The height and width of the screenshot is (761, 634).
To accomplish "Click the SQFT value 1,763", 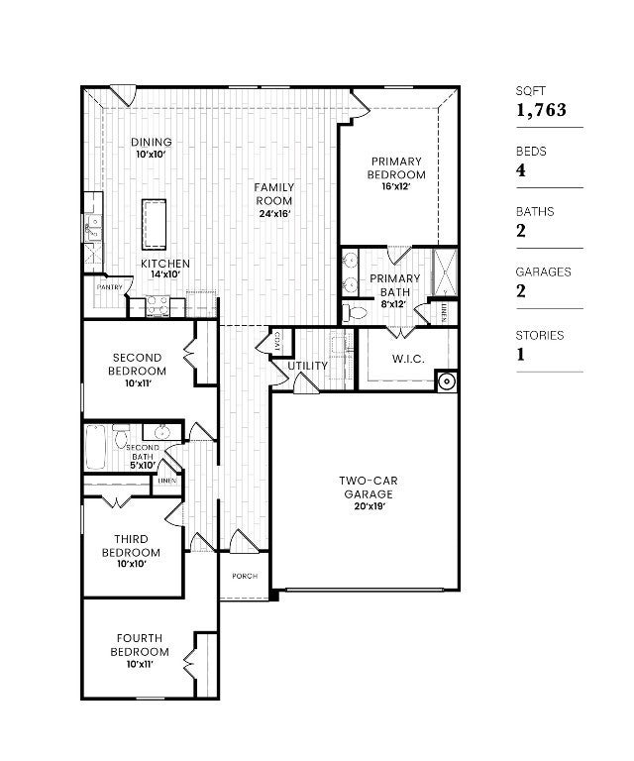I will (x=541, y=110).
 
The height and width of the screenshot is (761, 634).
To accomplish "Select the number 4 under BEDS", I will (x=521, y=170).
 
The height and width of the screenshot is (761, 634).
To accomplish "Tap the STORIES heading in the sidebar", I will (x=539, y=335).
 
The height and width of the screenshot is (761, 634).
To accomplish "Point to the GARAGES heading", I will (x=543, y=272).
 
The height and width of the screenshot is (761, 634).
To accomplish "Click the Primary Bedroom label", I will (x=396, y=167).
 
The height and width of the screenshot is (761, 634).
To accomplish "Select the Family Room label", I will (x=273, y=193).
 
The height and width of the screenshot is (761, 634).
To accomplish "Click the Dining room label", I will (x=152, y=142).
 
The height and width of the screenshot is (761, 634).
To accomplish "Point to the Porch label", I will (x=245, y=576).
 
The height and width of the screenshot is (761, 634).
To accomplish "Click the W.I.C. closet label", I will (x=408, y=359).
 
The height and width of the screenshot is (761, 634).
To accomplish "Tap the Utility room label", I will (x=307, y=366).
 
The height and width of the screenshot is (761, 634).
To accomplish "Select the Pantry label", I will (x=109, y=287).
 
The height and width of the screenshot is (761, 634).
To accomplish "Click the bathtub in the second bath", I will (x=96, y=447).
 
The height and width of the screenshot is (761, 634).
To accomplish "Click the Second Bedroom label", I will (x=139, y=364).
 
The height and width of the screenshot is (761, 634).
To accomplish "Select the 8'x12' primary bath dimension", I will (x=395, y=304).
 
